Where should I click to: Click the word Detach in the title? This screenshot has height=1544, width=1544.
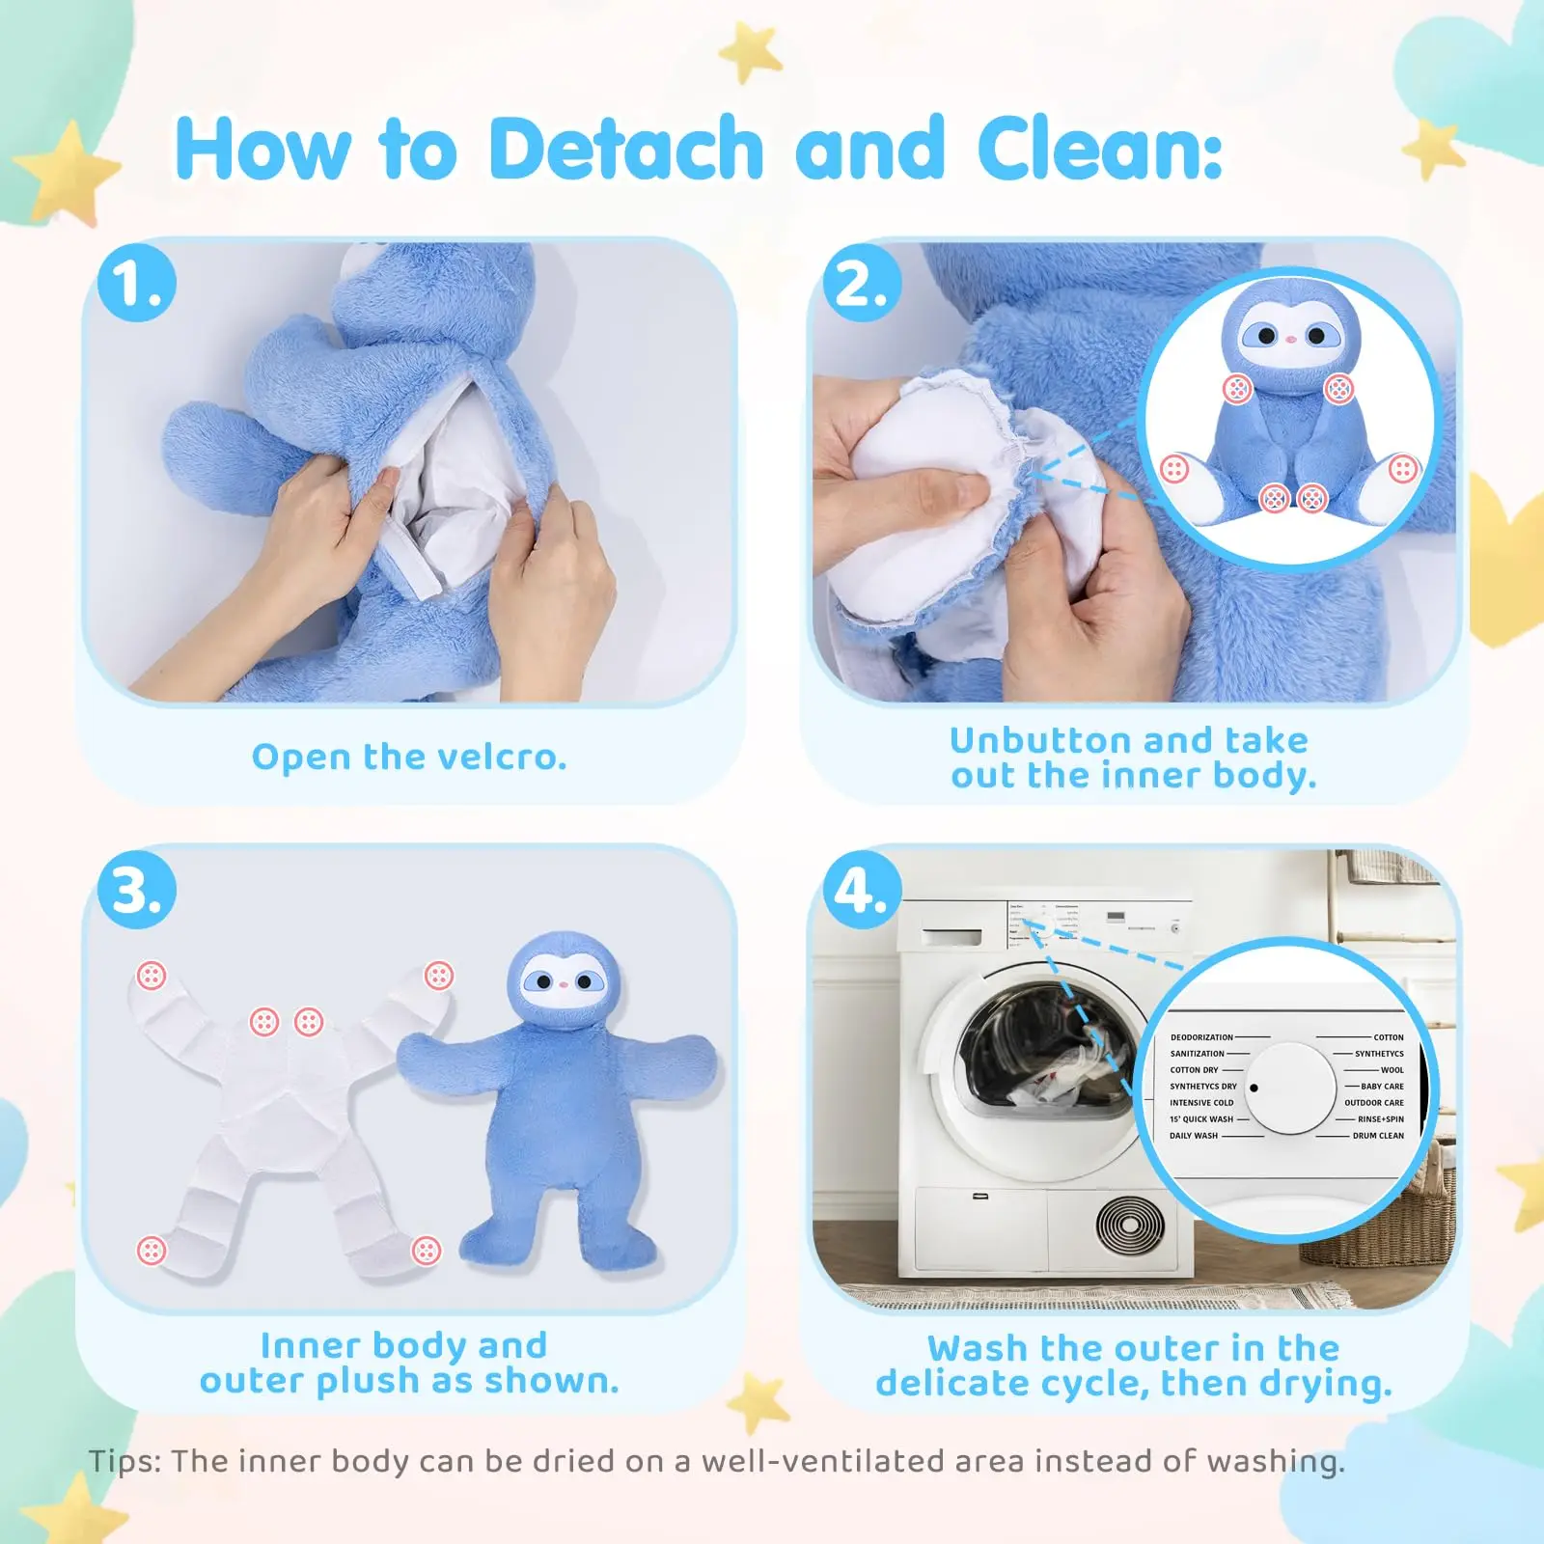tap(625, 150)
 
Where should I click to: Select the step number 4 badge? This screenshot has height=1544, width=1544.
tap(861, 890)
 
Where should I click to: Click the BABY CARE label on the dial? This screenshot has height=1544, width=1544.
tap(1382, 1087)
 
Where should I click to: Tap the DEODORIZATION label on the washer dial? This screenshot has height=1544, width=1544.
tap(1201, 1037)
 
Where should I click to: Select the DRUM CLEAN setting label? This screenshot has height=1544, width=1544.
tap(1378, 1136)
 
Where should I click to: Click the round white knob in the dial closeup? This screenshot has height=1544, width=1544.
tap(1290, 1088)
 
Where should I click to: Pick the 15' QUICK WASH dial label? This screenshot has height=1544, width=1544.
tap(1201, 1119)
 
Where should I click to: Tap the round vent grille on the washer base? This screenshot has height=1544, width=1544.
tap(1130, 1227)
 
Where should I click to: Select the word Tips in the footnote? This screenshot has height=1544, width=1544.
tap(125, 1461)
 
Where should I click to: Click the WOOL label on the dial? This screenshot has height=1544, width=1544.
tap(1392, 1070)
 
